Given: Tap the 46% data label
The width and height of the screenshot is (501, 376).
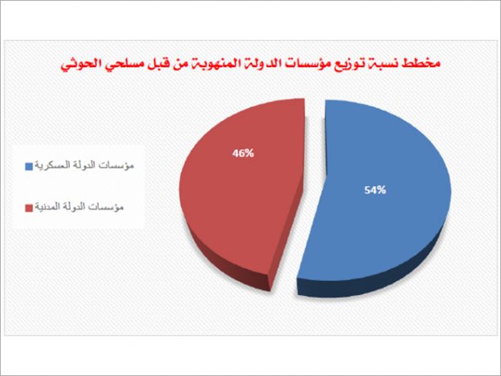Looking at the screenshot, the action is click(x=243, y=154).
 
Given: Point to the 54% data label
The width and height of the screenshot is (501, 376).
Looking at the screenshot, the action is click(x=375, y=190).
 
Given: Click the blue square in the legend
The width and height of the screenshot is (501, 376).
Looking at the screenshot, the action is click(x=29, y=167).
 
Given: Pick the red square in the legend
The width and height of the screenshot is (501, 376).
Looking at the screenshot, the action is click(x=29, y=208).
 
